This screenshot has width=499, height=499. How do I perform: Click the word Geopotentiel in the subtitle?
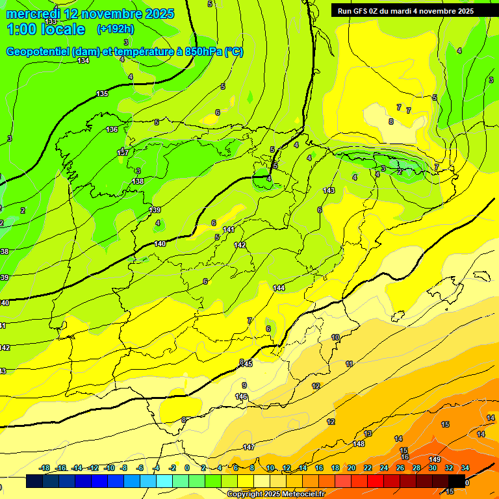38,52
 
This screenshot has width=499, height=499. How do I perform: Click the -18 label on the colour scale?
44,468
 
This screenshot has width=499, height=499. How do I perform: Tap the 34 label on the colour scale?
465,468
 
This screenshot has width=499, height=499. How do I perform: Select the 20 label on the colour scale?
352,468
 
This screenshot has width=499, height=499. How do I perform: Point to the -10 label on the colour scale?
109,468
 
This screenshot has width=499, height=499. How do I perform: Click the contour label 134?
83,60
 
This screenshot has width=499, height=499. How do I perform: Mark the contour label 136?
112,129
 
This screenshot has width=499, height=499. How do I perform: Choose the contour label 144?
279,288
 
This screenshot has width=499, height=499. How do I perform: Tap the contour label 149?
435,460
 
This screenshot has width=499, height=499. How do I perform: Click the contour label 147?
249,447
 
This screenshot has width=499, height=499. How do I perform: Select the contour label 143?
329,190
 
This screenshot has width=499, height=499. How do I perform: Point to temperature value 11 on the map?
350,364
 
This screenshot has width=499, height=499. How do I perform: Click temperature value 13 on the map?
368,433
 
